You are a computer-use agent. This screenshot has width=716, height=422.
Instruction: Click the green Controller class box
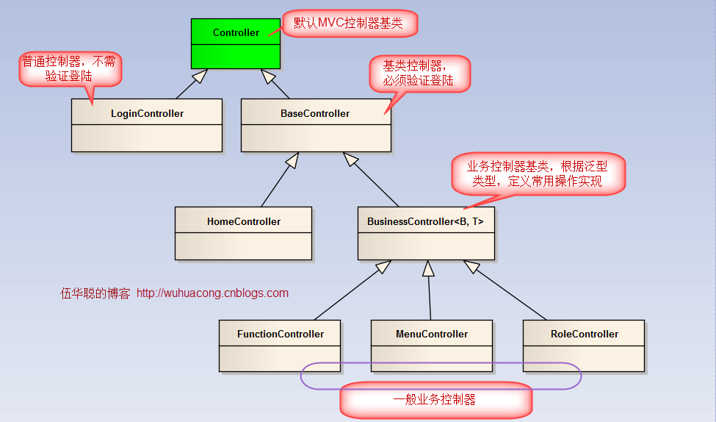click(x=236, y=43)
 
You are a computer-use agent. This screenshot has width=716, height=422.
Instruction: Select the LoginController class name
click(x=147, y=113)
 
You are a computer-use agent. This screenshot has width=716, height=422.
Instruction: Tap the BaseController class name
click(x=315, y=113)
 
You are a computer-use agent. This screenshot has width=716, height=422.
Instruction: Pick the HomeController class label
click(x=244, y=221)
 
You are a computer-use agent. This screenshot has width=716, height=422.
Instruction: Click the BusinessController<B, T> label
click(x=425, y=221)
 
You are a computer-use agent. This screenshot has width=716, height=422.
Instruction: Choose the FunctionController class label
click(x=280, y=334)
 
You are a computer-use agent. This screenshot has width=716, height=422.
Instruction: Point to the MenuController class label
click(x=431, y=334)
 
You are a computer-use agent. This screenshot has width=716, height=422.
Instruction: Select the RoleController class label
click(x=584, y=334)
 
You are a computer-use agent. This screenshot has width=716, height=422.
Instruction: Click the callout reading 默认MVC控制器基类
click(x=348, y=24)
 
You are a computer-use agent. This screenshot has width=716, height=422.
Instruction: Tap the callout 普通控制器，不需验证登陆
click(x=69, y=68)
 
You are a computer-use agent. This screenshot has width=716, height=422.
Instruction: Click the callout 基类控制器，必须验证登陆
click(x=418, y=73)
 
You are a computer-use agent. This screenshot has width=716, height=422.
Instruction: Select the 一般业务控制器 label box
click(x=435, y=400)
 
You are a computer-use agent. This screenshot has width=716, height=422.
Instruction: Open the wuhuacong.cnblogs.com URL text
click(x=212, y=293)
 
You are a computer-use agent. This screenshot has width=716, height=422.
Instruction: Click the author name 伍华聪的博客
click(x=95, y=293)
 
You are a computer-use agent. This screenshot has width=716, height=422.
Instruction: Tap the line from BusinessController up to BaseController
click(x=373, y=182)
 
